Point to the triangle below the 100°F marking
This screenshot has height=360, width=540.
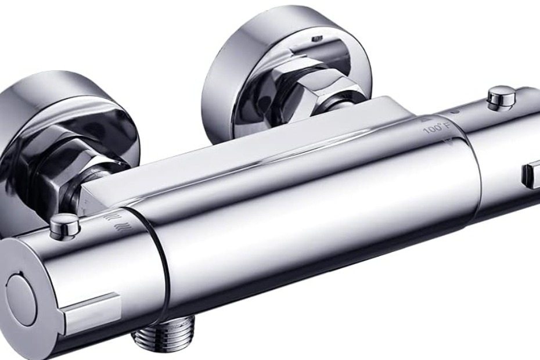point(447,140)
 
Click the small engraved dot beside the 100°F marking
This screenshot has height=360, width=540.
point(456,111)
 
